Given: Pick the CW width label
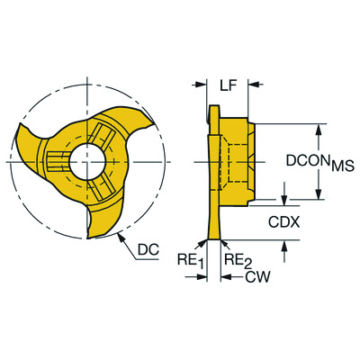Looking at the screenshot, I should (256, 279).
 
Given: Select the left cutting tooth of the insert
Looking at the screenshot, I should (23, 135).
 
